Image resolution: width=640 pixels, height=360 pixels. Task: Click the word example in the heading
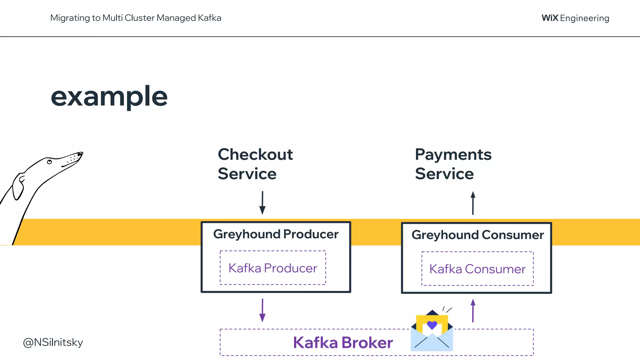(109, 97)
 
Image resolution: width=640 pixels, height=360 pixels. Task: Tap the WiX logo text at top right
(550, 18)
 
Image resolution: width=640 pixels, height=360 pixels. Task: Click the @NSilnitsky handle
(53, 342)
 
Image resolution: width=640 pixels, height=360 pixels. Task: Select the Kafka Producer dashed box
(272, 268)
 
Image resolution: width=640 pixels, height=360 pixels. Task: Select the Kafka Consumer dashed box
(477, 269)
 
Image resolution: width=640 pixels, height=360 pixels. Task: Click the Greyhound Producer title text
(276, 234)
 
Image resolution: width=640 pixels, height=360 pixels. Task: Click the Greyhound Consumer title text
(477, 235)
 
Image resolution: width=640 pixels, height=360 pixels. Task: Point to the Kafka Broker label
(342, 342)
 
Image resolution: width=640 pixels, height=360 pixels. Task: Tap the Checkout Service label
(255, 164)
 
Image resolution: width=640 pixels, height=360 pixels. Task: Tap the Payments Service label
(453, 164)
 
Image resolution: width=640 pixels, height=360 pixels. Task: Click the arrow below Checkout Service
(262, 203)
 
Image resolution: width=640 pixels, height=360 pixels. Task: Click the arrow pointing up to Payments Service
(473, 203)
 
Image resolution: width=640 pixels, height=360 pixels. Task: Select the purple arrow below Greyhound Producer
(262, 310)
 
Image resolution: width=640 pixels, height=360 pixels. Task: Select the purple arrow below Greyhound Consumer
(473, 310)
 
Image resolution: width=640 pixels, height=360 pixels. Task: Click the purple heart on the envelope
(432, 325)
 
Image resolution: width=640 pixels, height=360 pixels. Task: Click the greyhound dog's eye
(49, 162)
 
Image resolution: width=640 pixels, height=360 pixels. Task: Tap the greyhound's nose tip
(81, 153)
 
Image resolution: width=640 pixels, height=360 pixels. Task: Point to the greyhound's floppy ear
(18, 187)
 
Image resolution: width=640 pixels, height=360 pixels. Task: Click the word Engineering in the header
(584, 18)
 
